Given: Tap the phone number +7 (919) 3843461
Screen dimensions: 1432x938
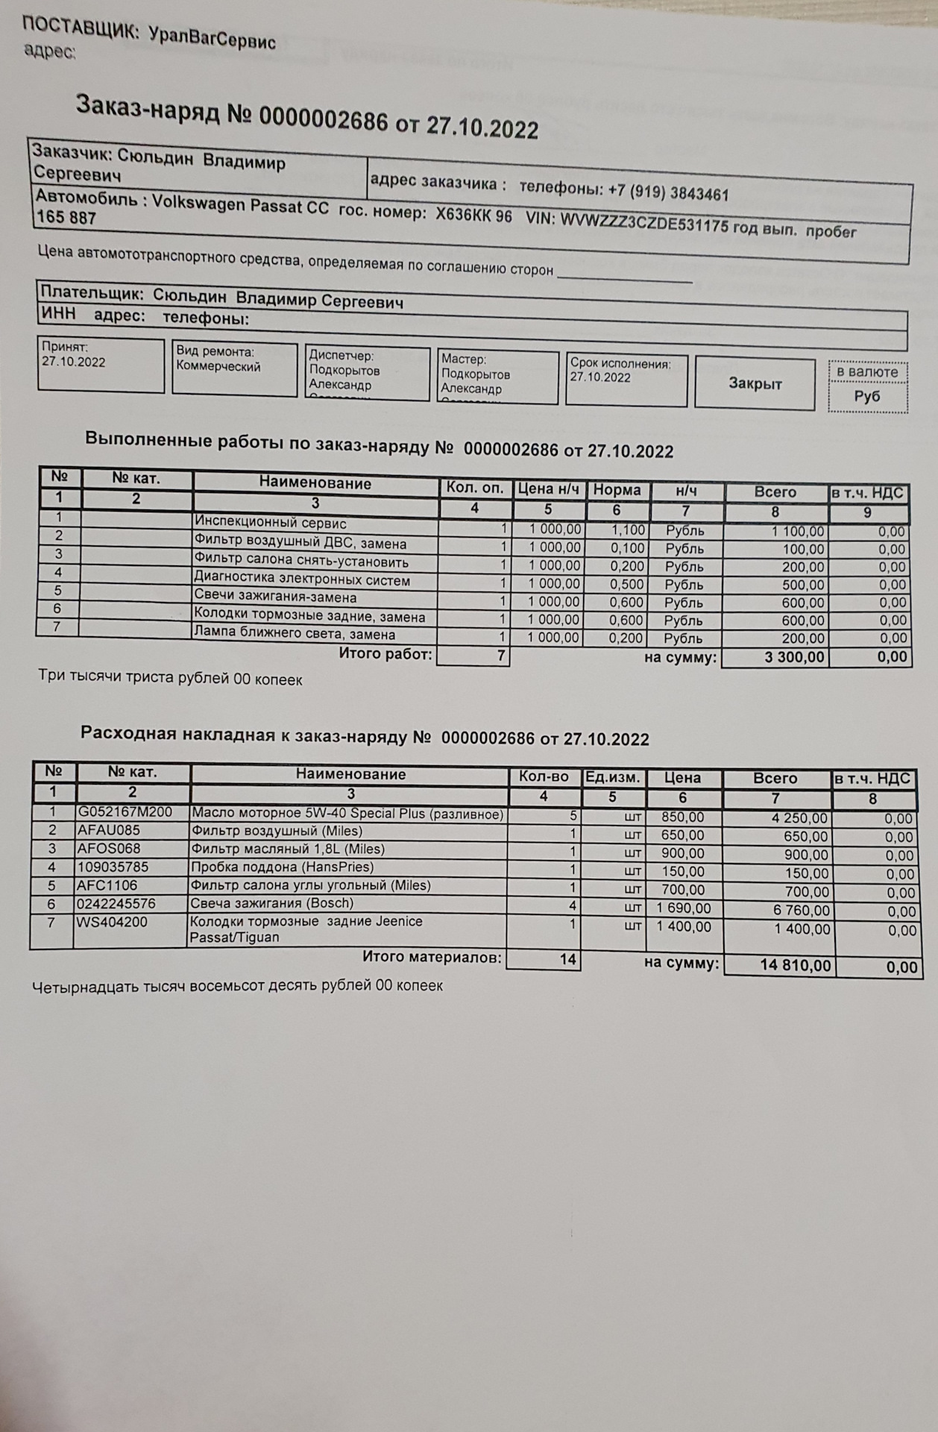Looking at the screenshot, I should point(668,192).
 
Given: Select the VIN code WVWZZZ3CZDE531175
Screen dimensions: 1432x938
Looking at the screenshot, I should point(643,222).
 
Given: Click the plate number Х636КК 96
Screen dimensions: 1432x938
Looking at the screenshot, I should point(474,215).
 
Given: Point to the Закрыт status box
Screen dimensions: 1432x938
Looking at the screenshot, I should point(755,383).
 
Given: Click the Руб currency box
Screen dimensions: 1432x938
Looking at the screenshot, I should point(867,396).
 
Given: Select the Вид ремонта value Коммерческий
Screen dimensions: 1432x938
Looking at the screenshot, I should point(218,366).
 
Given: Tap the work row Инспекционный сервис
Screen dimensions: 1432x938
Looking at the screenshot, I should point(270,522).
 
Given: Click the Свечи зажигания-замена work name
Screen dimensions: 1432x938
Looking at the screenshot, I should point(275,597).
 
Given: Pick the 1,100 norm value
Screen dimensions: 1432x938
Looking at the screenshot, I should point(627,530).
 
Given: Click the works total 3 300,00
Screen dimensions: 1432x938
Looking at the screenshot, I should point(795,657).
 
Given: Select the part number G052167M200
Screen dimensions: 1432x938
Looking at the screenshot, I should point(125,811).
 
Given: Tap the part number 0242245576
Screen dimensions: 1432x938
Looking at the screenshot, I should point(116,903).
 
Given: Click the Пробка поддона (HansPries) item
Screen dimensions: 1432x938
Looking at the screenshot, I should point(283,867).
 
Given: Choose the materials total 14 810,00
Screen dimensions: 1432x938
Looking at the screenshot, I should point(795,965).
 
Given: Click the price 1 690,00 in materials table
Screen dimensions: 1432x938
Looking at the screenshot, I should point(684,908).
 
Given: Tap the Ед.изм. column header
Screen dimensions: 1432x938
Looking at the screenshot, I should point(612,777).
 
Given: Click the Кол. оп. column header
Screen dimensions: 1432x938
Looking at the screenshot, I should point(475,489).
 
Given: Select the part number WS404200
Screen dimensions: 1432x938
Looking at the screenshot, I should point(113,922).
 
